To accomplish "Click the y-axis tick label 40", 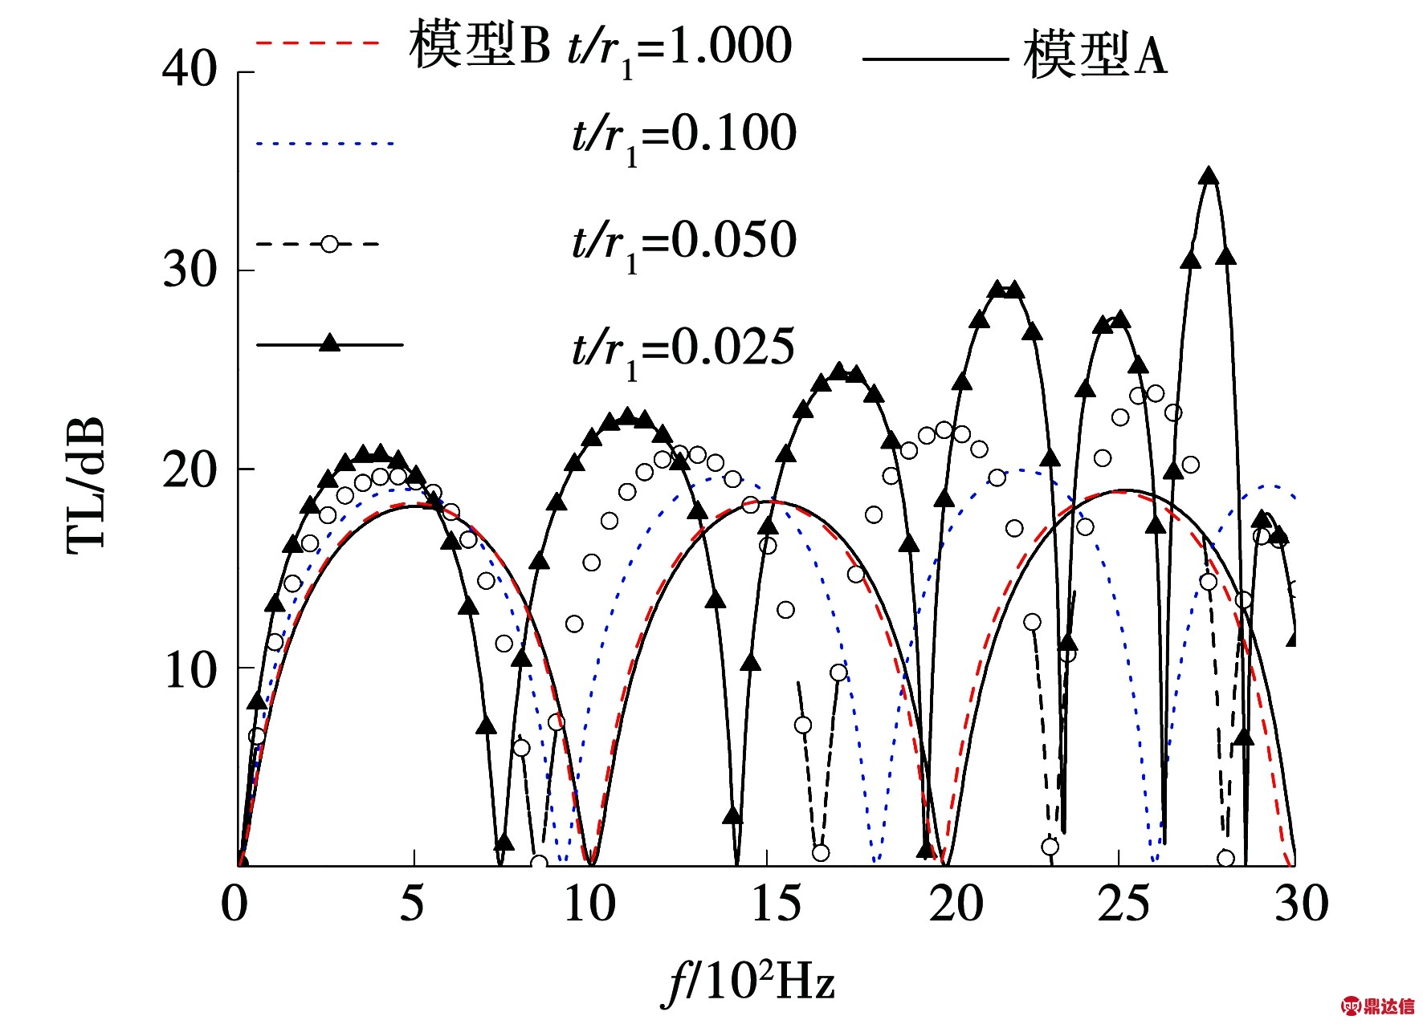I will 190,69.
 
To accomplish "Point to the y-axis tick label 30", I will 190,269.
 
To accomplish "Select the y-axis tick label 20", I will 190,469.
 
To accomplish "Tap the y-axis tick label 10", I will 190,668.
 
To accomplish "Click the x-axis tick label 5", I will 411,904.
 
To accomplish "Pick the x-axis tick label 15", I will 775,904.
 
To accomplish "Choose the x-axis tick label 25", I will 1123,904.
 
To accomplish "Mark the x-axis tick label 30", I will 1301,904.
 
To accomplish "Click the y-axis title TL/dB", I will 86,486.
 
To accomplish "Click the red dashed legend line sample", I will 316,43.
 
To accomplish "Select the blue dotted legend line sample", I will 324,144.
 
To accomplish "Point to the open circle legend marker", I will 329,244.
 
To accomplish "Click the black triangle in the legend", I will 329,343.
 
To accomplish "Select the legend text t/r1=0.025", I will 683,350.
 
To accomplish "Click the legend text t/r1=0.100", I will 683,136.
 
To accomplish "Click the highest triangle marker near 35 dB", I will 1209,177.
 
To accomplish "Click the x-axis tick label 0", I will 234,904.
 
